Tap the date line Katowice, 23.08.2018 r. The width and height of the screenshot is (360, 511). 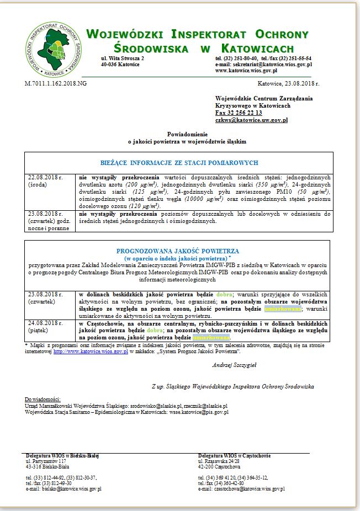pos(288,83)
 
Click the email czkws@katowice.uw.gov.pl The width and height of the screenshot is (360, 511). pos(251,120)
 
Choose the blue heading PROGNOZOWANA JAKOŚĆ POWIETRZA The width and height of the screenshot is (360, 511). pos(178,250)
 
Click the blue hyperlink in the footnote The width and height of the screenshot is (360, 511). pos(91,350)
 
